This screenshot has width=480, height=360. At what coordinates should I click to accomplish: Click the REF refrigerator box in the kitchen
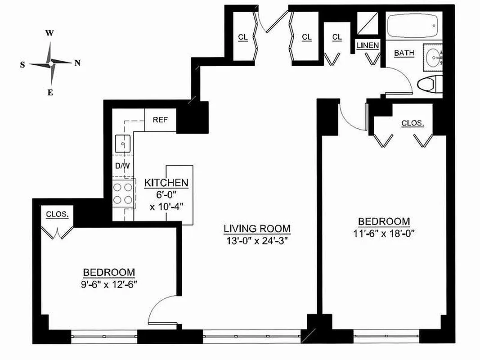pos(160,120)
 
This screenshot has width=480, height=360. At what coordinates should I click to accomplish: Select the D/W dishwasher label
pos(122,166)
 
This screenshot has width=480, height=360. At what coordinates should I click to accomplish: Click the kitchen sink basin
pos(122,144)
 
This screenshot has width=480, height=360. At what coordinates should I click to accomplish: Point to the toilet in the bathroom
pos(430,84)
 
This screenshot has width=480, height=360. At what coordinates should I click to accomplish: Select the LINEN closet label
pos(368,45)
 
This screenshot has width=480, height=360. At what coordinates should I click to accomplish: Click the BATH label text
pos(404,53)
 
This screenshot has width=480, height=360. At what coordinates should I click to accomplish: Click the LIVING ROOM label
pos(257,229)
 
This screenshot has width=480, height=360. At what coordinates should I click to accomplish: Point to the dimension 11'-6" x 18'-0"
pos(383,233)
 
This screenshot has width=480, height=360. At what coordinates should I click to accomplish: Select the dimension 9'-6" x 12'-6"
pos(109,284)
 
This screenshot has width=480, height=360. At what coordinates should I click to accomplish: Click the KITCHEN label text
pos(166,183)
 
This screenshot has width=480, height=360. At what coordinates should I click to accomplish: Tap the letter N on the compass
pos(77,63)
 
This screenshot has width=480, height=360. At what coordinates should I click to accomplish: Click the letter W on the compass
pos(50,33)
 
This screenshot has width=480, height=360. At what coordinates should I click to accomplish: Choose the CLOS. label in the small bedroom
pos(58,215)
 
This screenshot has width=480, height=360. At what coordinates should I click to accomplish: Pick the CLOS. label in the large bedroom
pos(413,123)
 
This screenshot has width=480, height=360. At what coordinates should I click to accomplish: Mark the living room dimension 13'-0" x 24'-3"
pos(257,240)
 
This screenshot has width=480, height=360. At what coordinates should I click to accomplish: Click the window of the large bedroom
pos(386,336)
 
